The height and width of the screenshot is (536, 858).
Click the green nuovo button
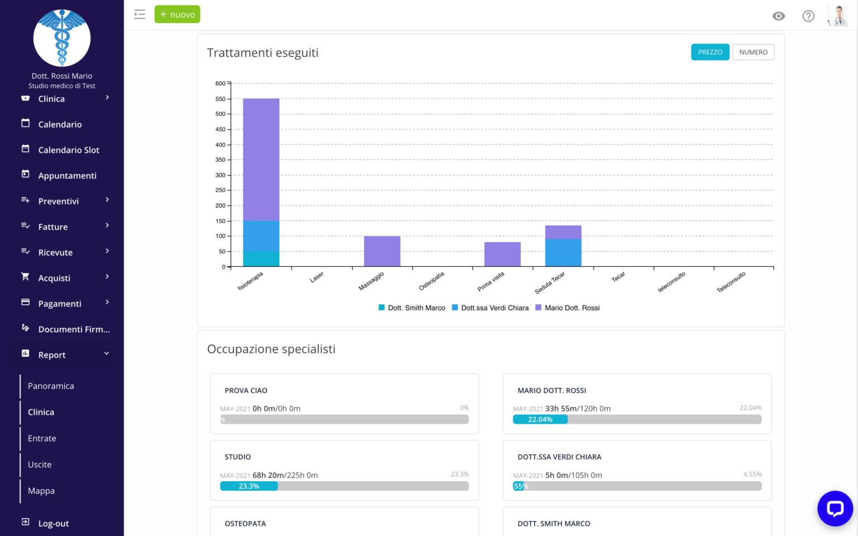[177, 15]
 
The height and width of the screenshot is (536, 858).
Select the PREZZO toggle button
[710, 52]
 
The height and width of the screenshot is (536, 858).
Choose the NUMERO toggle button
[753, 52]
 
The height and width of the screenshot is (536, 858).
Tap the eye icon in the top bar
[778, 16]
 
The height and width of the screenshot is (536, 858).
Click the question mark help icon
[808, 16]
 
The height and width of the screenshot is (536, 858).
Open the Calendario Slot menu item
[68, 150]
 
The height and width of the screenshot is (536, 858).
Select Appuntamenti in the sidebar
[67, 176]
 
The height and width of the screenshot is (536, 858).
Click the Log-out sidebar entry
[53, 524]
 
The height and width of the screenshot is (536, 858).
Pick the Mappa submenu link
[41, 491]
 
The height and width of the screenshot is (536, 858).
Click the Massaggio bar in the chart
[382, 251]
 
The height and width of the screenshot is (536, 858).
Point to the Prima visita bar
[502, 254]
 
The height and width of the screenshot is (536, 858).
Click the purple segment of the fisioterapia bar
[261, 159]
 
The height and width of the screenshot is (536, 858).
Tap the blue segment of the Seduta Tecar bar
[563, 252]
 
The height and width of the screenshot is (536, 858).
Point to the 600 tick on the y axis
[221, 84]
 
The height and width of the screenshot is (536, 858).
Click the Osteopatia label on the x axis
[432, 281]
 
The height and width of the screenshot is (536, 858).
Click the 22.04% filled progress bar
[540, 419]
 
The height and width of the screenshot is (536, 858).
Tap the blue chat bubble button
[835, 508]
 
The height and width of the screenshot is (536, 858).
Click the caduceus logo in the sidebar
[62, 38]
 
